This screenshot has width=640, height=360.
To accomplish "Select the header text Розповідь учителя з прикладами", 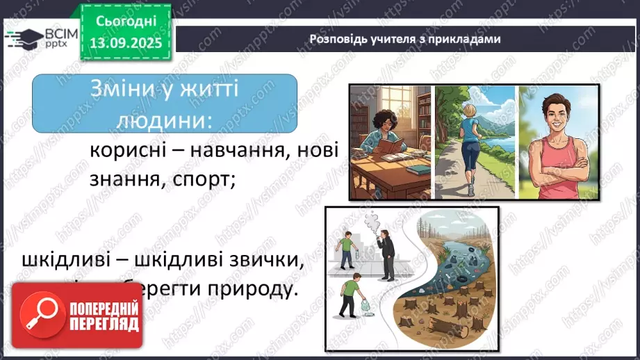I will click(x=404, y=39).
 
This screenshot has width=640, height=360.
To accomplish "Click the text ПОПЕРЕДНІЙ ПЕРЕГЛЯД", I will click(x=102, y=314).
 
